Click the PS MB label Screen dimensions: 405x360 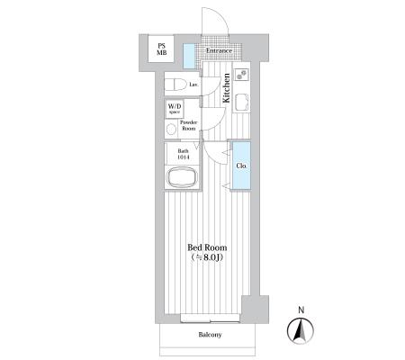pos(161,49)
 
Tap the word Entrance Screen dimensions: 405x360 pos(219,50)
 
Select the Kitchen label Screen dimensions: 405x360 pos(226,88)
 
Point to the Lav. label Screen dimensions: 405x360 pos(193,85)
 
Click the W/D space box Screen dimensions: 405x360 pos(175,108)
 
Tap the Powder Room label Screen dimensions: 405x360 pos(188,125)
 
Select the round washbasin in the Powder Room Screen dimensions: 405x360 pos(171,130)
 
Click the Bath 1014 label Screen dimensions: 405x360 pos(183,154)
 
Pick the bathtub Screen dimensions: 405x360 pos(182,177)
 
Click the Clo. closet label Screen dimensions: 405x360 pos(242,166)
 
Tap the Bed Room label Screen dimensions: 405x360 pos(207,247)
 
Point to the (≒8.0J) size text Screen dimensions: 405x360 pos(207,257)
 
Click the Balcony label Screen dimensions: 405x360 pos(210,335)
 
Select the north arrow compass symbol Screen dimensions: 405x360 pos(301,330)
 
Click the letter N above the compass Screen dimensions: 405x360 pos(301,310)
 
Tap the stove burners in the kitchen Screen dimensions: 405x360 pos(241,75)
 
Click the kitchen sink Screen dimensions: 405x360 pos(241,102)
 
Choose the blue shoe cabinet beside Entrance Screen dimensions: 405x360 pos(189,56)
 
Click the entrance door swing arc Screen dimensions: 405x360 pos(222,15)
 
